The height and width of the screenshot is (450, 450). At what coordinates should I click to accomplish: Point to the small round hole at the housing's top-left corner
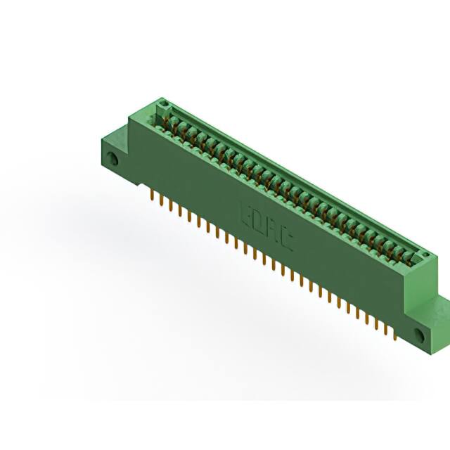[165, 105]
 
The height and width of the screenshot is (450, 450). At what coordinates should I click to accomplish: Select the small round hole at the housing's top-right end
[425, 254]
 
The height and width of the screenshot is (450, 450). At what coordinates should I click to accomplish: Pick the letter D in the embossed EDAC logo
[261, 220]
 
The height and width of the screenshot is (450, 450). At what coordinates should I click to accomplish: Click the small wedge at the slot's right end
[420, 262]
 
